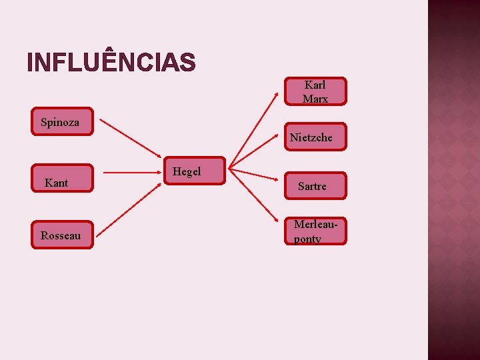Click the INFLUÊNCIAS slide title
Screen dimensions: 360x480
(x=111, y=62)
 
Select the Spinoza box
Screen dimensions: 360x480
(x=62, y=122)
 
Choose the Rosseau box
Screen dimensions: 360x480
(x=62, y=235)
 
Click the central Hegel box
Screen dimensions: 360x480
(x=195, y=171)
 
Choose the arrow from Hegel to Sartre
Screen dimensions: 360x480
(x=257, y=174)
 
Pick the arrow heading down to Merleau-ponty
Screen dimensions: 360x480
(x=257, y=197)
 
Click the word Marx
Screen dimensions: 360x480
(x=315, y=99)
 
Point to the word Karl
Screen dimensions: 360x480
(x=315, y=85)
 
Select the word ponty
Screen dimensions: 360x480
(x=307, y=239)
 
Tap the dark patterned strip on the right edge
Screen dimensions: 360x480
(x=453, y=180)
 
